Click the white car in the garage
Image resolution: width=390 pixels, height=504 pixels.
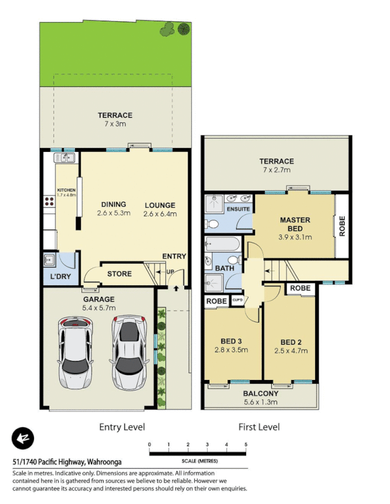click(x=74, y=352)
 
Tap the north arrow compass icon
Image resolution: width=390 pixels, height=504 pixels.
click(x=23, y=438)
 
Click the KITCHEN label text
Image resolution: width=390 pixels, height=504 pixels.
click(x=66, y=190)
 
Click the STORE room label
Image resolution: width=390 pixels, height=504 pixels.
click(x=119, y=273)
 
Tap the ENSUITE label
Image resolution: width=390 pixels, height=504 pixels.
click(x=238, y=209)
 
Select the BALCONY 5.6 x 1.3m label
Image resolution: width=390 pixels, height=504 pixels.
click(x=261, y=397)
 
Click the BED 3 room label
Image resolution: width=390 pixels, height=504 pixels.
click(x=230, y=342)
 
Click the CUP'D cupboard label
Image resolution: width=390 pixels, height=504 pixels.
click(x=238, y=301)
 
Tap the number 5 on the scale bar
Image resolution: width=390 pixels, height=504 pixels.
click(x=245, y=445)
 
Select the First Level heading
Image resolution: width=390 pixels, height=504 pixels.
click(x=259, y=427)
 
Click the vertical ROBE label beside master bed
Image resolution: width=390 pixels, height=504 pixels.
click(x=343, y=226)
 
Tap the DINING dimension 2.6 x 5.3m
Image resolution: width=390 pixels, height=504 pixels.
click(x=114, y=213)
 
